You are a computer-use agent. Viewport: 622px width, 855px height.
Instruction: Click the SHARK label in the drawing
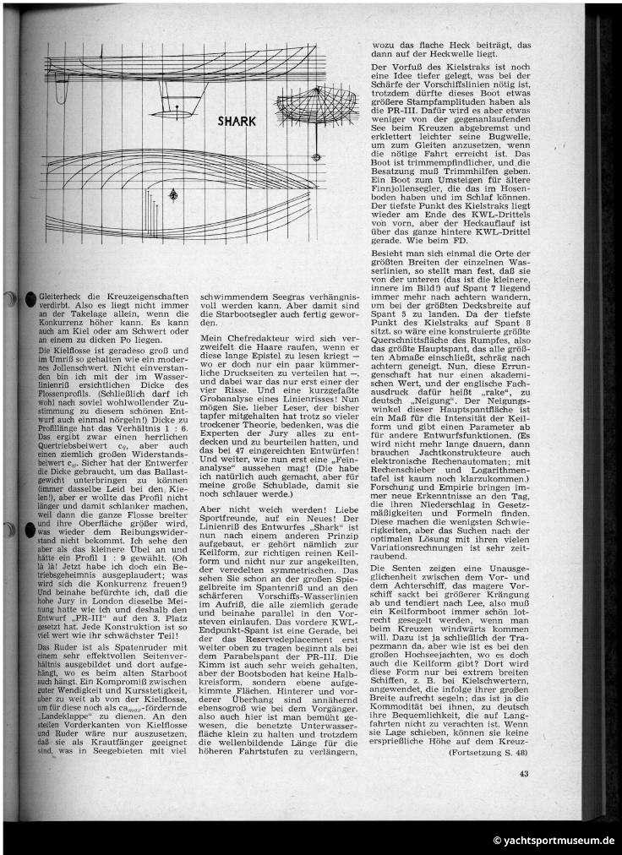point(236,121)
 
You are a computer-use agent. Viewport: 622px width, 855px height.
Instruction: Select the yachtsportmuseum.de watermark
point(554,841)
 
